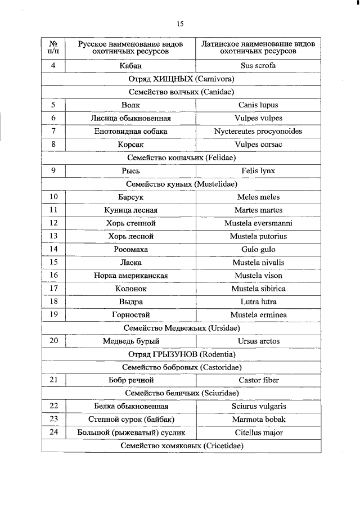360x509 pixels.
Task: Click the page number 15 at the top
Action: (180, 24)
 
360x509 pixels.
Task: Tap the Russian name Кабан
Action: (130, 66)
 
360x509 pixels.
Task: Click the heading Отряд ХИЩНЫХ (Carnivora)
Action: (181, 79)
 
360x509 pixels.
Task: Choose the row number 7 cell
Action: (53, 131)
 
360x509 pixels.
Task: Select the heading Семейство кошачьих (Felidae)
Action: (181, 157)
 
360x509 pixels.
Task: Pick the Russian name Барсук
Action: (130, 197)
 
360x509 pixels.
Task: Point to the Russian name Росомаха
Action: (130, 249)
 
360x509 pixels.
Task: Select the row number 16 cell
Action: (53, 276)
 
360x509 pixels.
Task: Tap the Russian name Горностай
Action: (130, 315)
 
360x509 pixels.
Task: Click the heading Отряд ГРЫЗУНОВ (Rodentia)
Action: (181, 354)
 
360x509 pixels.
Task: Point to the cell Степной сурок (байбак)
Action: (130, 420)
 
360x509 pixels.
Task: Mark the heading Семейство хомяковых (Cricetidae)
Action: (181, 446)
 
